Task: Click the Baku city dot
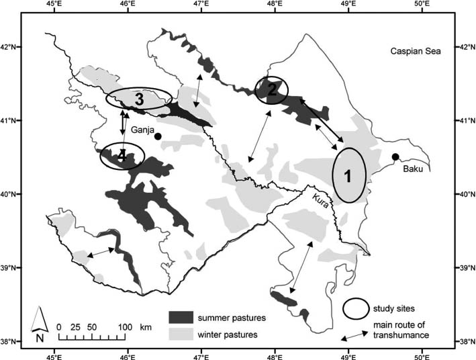click(395, 157)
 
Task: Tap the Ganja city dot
click(158, 136)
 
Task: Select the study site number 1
click(348, 176)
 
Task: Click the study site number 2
click(272, 88)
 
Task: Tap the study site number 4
click(122, 156)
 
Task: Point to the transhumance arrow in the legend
click(352, 336)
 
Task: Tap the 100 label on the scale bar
click(125, 327)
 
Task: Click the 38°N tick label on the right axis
click(465, 342)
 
